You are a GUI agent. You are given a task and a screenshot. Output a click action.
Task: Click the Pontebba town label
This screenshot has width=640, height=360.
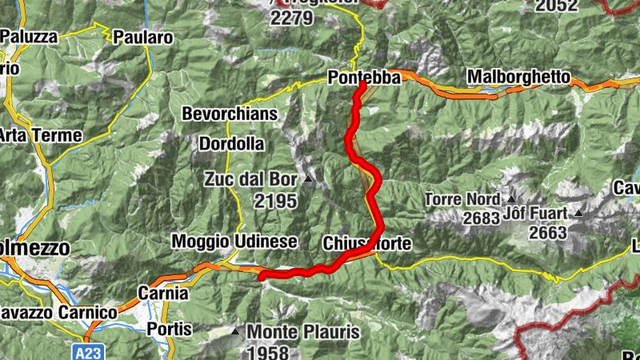[363, 77]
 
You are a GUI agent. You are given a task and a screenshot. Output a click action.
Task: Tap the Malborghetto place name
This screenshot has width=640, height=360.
[519, 78]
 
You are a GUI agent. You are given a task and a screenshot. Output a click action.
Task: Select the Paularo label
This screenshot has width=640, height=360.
[143, 37]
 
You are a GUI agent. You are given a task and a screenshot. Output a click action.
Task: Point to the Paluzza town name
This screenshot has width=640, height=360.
[29, 36]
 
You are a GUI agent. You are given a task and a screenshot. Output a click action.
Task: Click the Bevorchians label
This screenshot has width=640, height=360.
[230, 114]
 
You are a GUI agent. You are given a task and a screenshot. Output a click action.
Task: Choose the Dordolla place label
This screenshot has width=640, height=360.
[230, 145]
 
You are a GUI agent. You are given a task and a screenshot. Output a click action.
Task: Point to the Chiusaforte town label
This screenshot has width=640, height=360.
[368, 242]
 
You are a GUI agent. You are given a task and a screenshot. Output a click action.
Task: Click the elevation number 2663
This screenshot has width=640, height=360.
[547, 233]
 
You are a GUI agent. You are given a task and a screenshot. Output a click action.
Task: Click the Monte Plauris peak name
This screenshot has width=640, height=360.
[303, 331]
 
